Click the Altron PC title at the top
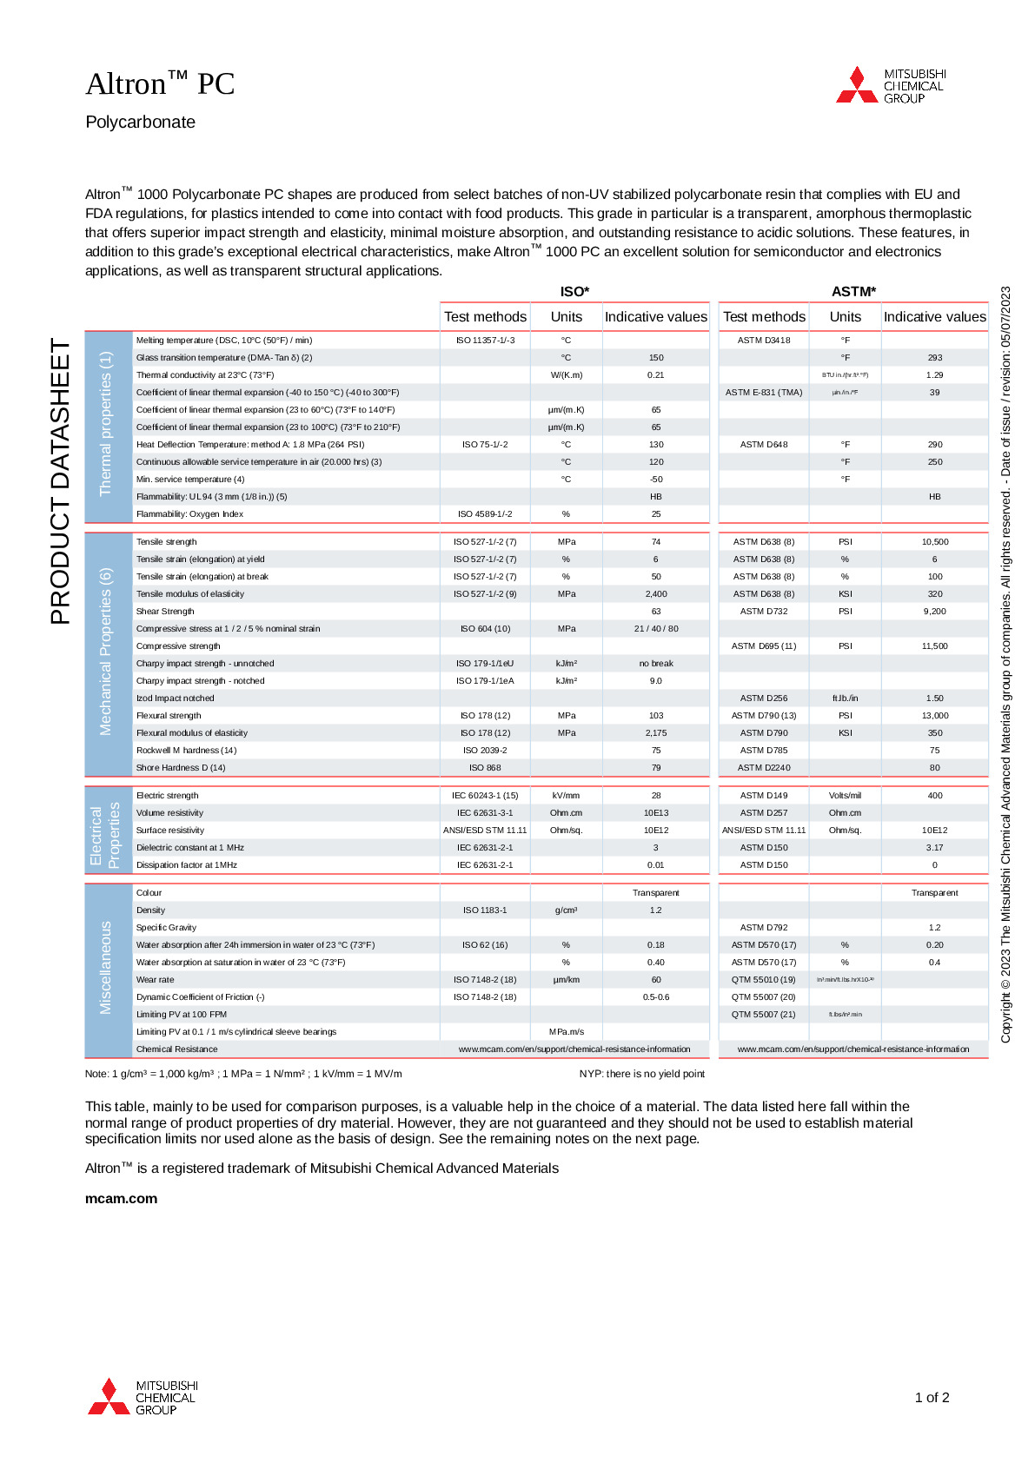[x=160, y=84]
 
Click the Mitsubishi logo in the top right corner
[x=890, y=86]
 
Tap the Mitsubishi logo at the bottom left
[x=143, y=1397]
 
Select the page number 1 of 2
[x=932, y=1397]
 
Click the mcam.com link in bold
[x=121, y=1198]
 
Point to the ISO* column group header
[x=574, y=292]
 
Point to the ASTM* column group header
[x=853, y=292]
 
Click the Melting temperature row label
[x=224, y=341]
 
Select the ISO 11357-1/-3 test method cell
[x=485, y=341]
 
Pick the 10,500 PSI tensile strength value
[x=935, y=542]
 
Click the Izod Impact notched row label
[x=175, y=698]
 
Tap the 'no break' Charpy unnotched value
[x=656, y=664]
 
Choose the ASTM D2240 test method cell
[x=764, y=768]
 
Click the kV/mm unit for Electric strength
[x=566, y=796]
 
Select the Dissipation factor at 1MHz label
[x=186, y=865]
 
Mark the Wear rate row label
[x=155, y=980]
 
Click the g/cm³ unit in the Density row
[x=566, y=910]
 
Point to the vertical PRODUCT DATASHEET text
[x=60, y=481]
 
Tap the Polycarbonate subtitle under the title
[x=140, y=122]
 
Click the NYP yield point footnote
[x=641, y=1074]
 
